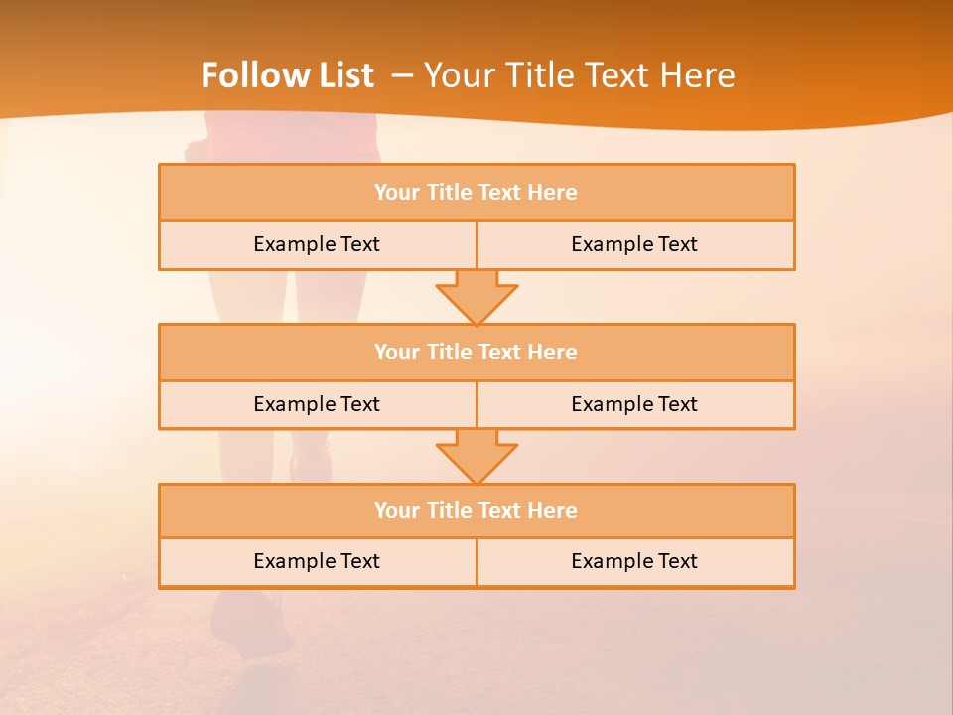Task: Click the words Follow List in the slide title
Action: [287, 75]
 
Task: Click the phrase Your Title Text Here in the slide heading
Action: [579, 75]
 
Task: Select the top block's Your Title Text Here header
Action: [476, 193]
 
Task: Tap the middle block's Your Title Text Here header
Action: [476, 353]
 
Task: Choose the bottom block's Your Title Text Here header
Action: [476, 511]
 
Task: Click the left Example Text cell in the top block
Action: [317, 245]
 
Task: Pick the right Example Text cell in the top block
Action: [634, 245]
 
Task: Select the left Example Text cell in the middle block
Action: [317, 405]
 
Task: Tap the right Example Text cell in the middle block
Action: [634, 405]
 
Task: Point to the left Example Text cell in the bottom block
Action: [317, 562]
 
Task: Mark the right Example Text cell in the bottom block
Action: [634, 562]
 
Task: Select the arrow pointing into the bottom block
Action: [476, 456]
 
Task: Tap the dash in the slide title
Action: [402, 75]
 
